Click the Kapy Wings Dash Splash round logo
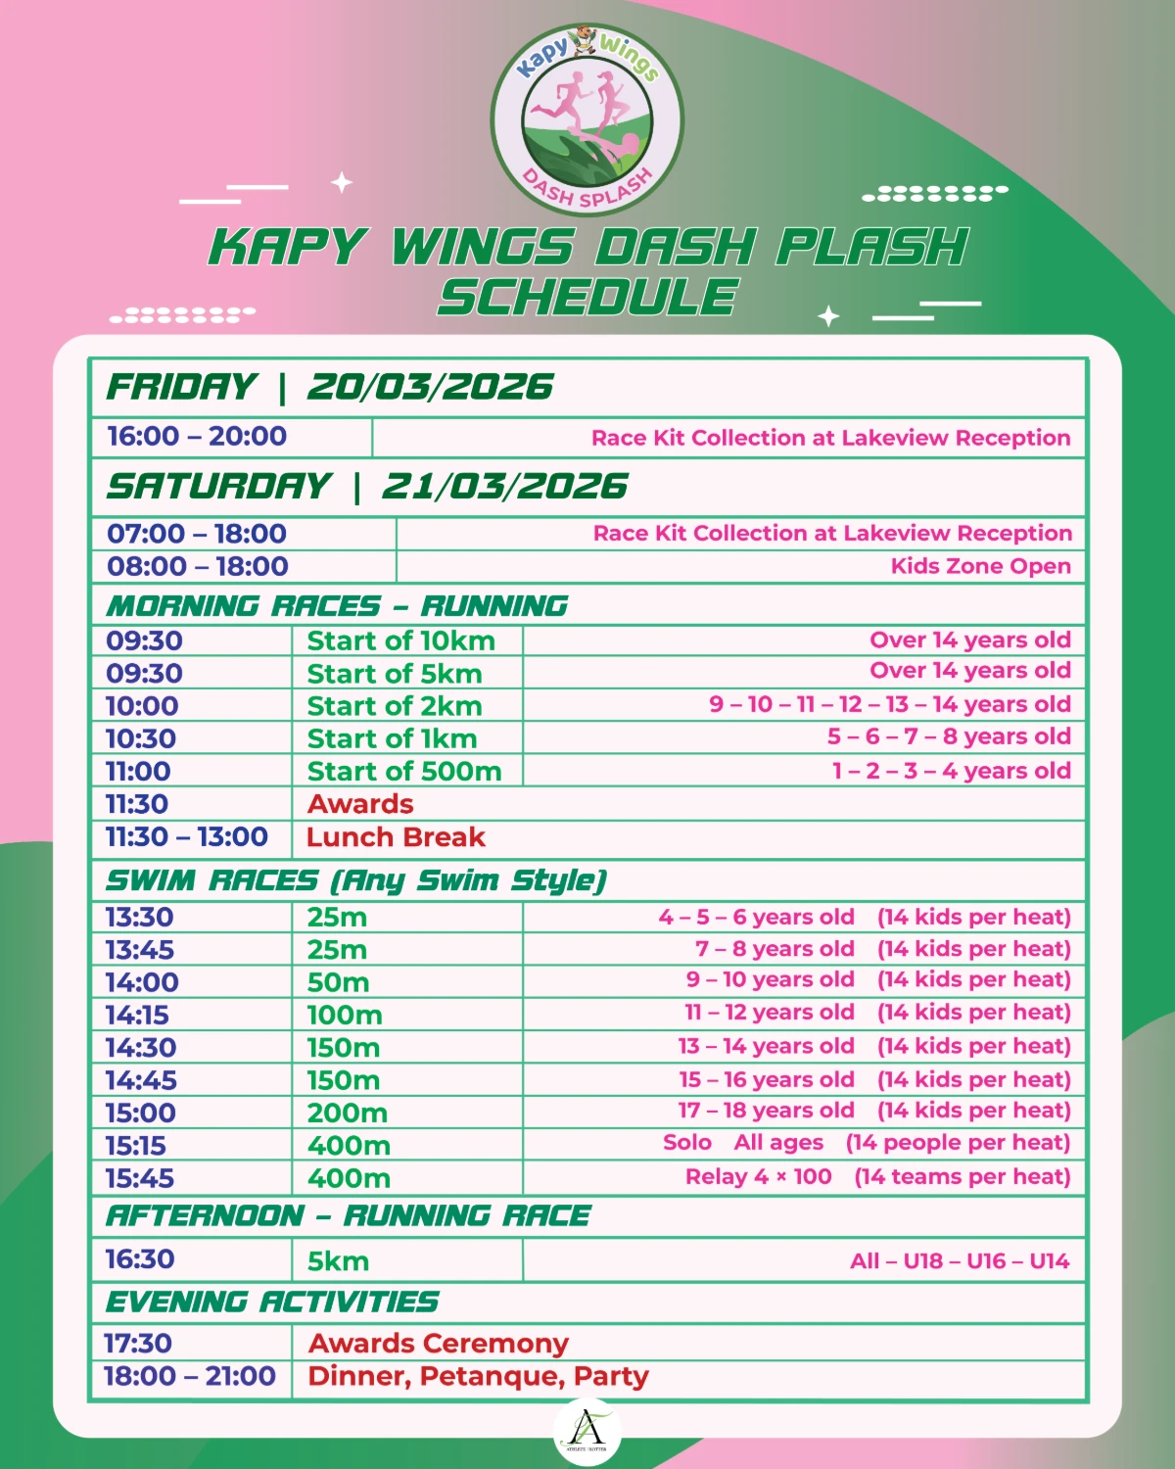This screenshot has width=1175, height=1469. pos(587,120)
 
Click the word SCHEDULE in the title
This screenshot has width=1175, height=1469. pos(587,298)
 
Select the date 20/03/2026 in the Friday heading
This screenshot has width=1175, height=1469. pos(431,388)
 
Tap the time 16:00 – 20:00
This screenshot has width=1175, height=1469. pos(197,437)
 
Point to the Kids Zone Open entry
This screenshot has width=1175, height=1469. pos(980,566)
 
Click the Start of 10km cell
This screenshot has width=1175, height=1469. pos(401,641)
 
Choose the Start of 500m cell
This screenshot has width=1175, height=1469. pos(404,772)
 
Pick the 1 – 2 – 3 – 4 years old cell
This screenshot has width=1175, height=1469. pos(951,772)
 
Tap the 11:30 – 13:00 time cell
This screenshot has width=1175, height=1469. pos(187,837)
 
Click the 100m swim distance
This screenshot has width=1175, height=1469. pos(345,1016)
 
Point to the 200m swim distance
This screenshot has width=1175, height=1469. pos(348,1114)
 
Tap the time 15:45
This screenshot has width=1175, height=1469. pos(140,1178)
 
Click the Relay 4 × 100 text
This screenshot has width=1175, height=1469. pos(758,1177)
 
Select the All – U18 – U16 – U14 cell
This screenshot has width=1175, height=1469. pos(960,1261)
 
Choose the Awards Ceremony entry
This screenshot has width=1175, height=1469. pos(439,1344)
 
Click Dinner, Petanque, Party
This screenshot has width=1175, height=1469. pos(478,1377)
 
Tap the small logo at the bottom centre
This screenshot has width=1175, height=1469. pos(587,1432)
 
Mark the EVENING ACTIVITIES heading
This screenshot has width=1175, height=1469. pos(272,1303)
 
